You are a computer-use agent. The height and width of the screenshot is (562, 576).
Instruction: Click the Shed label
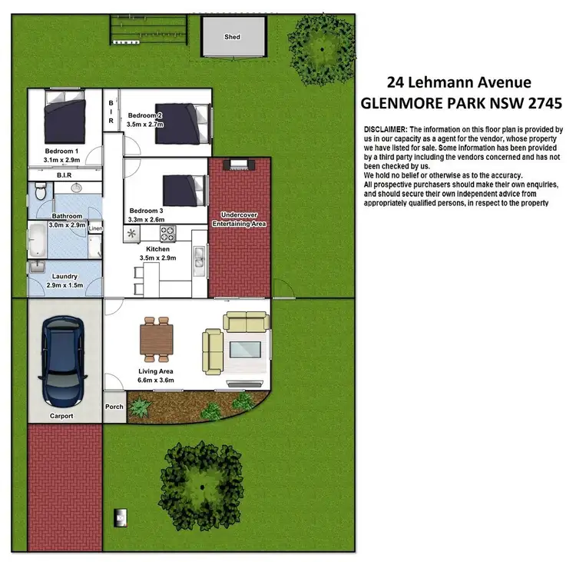232,37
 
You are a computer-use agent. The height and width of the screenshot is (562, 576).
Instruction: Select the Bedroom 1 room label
61,151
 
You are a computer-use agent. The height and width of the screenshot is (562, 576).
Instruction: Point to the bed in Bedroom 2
177,116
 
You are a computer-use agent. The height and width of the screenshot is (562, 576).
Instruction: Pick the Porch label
114,407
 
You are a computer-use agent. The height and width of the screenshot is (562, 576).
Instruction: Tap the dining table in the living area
157,340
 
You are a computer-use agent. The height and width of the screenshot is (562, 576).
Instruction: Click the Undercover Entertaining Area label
238,219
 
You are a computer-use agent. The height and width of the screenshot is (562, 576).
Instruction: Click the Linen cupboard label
95,229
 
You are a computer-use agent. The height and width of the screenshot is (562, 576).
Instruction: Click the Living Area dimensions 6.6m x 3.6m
156,381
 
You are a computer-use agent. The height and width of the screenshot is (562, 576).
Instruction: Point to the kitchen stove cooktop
168,231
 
